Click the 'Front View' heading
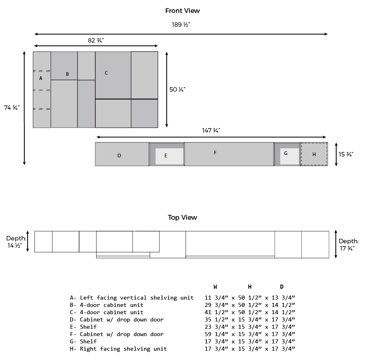click(x=182, y=11)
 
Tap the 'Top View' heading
click(x=182, y=217)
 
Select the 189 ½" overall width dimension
click(x=181, y=25)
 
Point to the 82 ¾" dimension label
click(x=96, y=41)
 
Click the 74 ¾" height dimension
click(x=12, y=108)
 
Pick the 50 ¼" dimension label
click(x=177, y=90)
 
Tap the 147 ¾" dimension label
click(x=211, y=131)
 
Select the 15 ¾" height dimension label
click(x=346, y=154)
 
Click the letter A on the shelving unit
click(x=41, y=78)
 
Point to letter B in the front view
click(x=67, y=74)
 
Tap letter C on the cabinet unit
click(x=106, y=73)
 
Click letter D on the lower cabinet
click(x=119, y=155)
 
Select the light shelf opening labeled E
click(x=170, y=156)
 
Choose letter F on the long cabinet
click(x=215, y=153)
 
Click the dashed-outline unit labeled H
click(x=314, y=154)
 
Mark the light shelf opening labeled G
click(x=290, y=156)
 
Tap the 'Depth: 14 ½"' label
click(x=16, y=242)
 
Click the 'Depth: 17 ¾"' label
click(x=348, y=245)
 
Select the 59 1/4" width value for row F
click(x=217, y=334)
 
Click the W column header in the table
click(x=215, y=287)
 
